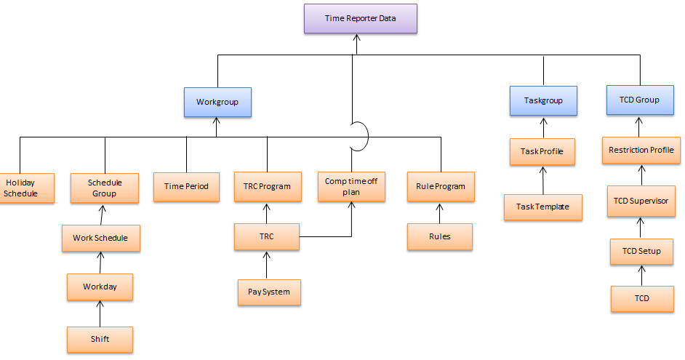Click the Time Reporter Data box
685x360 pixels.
(360, 19)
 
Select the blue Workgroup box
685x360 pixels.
(217, 103)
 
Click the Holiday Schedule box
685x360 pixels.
(22, 188)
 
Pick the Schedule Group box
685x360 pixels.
(105, 187)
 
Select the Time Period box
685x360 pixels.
(186, 186)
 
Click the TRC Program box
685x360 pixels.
(266, 186)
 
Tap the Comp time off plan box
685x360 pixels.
(352, 187)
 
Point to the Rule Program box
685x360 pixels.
(441, 186)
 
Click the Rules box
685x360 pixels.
(439, 236)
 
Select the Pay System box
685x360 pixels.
(268, 292)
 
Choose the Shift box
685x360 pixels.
(100, 340)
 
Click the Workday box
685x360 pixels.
(100, 287)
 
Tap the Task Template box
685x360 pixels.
(542, 207)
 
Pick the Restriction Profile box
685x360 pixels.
(641, 151)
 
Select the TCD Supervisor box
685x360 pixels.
(641, 201)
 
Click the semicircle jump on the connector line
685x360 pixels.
(361, 135)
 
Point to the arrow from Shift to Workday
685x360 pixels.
(100, 313)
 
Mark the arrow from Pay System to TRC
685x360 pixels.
(267, 264)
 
